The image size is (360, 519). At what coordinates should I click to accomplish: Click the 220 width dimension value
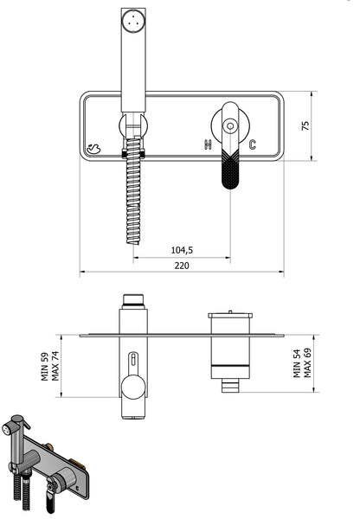tap(182, 266)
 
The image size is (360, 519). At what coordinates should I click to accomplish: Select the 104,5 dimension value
tap(181, 250)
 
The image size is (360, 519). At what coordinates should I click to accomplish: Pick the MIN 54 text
tap(297, 364)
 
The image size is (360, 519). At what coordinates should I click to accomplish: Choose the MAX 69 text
tap(308, 364)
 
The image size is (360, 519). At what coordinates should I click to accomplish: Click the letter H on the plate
tap(208, 144)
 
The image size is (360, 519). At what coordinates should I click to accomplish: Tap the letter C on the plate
tap(252, 144)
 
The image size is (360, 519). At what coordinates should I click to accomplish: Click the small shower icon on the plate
tap(94, 148)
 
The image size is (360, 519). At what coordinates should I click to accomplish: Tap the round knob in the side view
tap(133, 388)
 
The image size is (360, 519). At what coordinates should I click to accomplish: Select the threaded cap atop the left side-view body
tap(132, 301)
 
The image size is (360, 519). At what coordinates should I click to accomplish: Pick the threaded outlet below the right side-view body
tap(229, 385)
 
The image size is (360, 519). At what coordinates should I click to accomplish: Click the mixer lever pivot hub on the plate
tap(229, 125)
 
